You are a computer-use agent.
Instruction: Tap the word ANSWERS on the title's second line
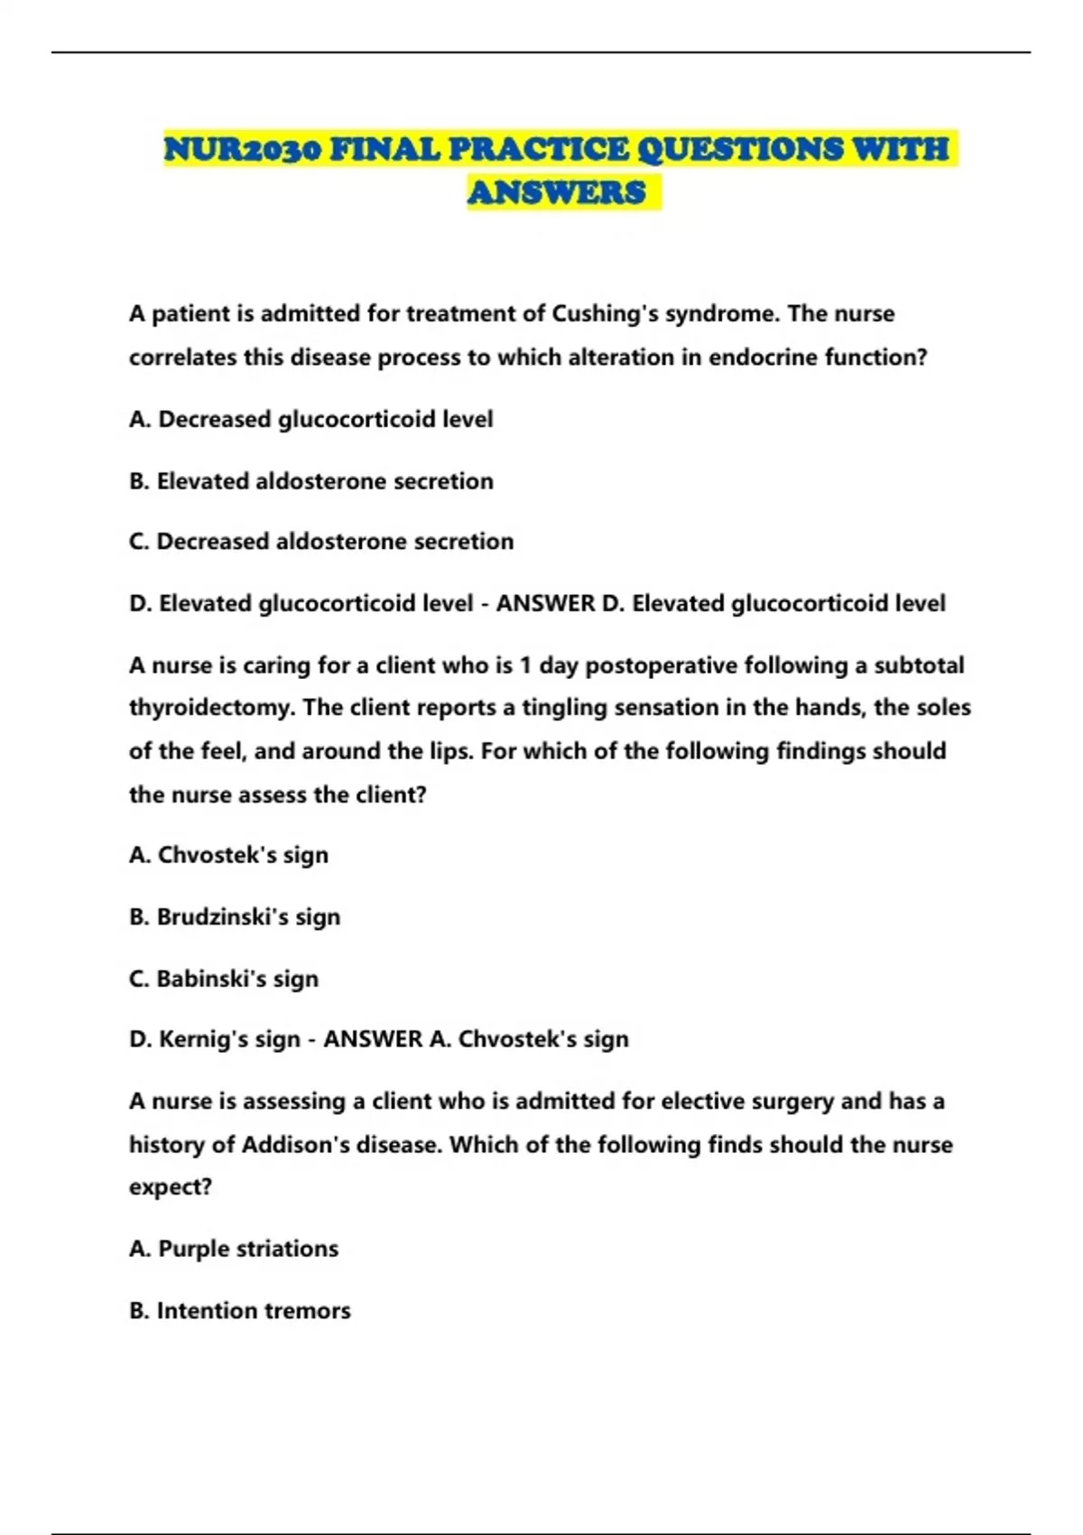pyautogui.click(x=557, y=193)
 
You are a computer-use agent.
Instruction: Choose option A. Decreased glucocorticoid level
pyautogui.click(x=311, y=420)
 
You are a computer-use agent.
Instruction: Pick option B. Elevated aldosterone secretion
pyautogui.click(x=311, y=481)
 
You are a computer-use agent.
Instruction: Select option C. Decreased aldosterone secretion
pyautogui.click(x=321, y=542)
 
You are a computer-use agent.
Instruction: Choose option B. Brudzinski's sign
pyautogui.click(x=235, y=917)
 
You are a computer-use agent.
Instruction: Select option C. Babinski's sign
pyautogui.click(x=224, y=979)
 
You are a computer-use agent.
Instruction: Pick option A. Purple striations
pyautogui.click(x=234, y=1249)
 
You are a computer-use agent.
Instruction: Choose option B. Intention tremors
pyautogui.click(x=240, y=1311)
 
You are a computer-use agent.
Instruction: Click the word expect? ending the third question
pyautogui.click(x=171, y=1187)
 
